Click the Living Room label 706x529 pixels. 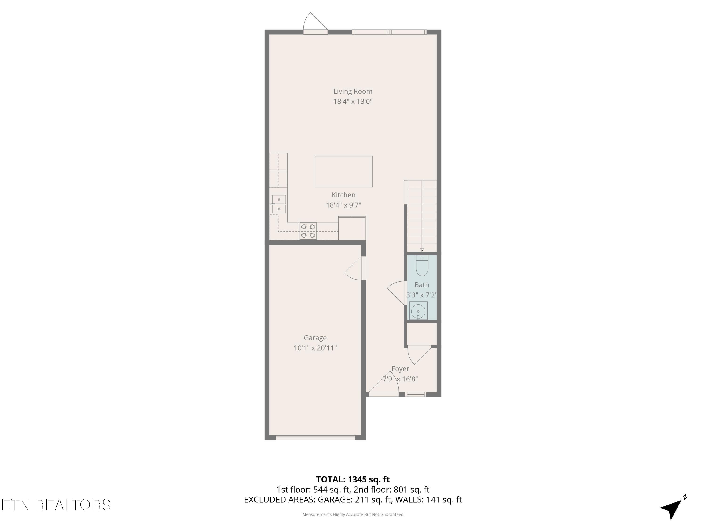[x=353, y=91]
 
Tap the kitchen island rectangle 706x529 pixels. [x=343, y=172]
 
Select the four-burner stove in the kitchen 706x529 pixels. [x=308, y=231]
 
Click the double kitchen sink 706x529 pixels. [x=279, y=204]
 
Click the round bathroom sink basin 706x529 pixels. [x=418, y=311]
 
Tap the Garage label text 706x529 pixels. [x=315, y=338]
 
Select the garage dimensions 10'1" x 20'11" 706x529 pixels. [x=315, y=348]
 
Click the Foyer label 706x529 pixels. [x=400, y=369]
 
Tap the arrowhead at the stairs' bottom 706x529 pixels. [x=422, y=250]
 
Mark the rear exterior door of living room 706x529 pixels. [x=315, y=25]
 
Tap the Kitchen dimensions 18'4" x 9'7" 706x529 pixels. [x=343, y=205]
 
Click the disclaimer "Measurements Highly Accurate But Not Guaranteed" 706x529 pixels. [x=353, y=514]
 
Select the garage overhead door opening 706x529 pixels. [x=315, y=438]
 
